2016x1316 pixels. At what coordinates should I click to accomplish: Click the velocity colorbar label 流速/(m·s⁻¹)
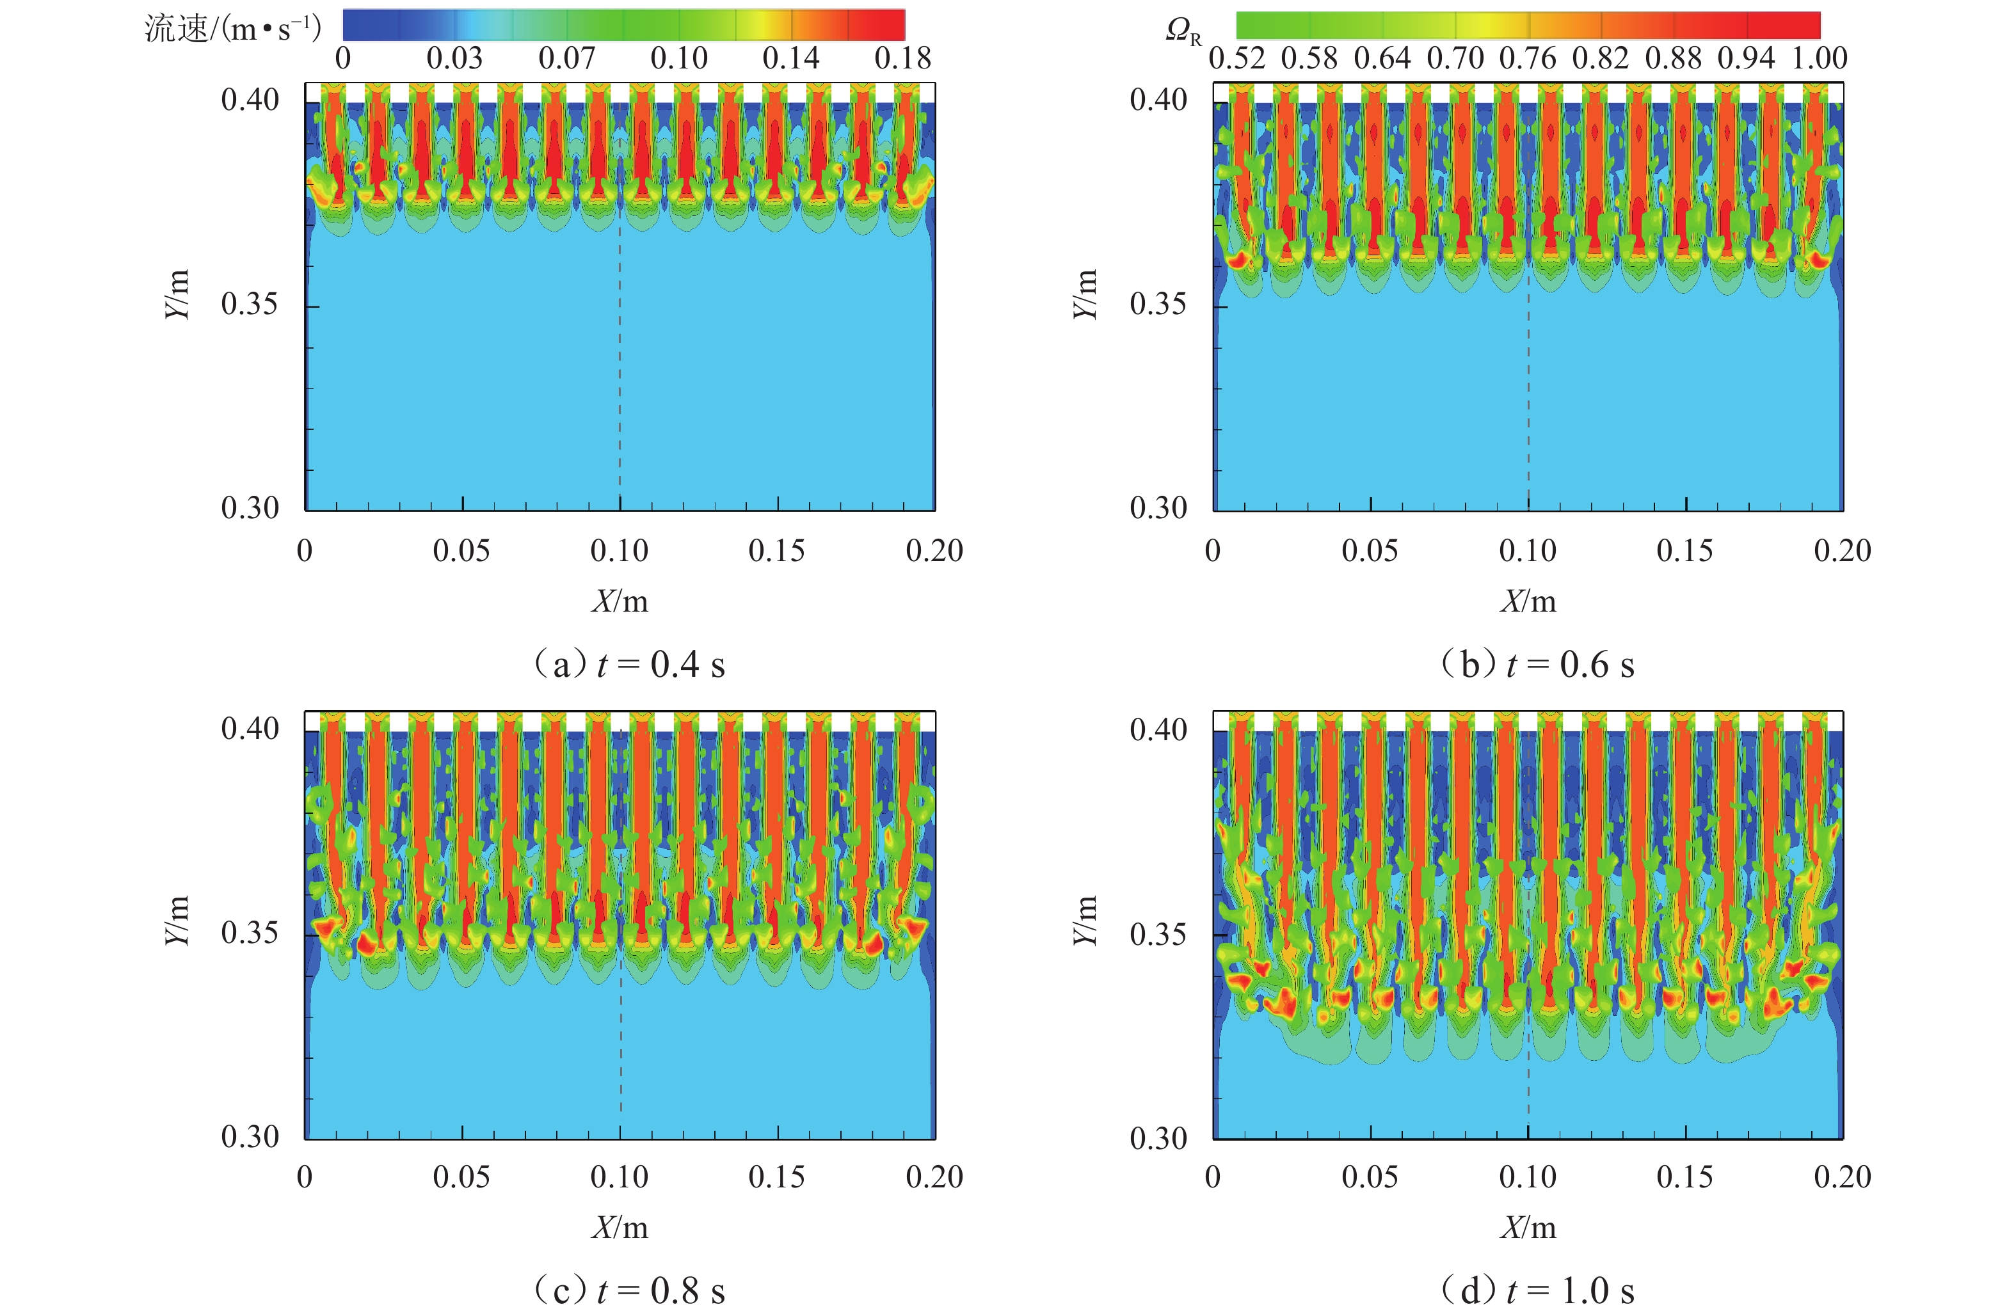pyautogui.click(x=233, y=29)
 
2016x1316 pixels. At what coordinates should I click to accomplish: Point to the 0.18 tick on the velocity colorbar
pyautogui.click(x=902, y=58)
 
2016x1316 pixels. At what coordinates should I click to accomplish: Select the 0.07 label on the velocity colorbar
pyautogui.click(x=566, y=58)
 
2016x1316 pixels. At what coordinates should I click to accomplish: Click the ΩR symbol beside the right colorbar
pyautogui.click(x=1183, y=32)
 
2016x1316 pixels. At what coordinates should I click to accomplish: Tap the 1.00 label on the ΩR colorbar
pyautogui.click(x=1820, y=58)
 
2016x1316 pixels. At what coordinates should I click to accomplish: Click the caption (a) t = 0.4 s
pyautogui.click(x=628, y=665)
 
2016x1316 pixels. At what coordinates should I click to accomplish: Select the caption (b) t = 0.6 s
pyautogui.click(x=1537, y=665)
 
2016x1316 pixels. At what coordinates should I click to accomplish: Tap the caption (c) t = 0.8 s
pyautogui.click(x=628, y=1290)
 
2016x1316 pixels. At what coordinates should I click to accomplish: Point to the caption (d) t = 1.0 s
pyautogui.click(x=1537, y=1290)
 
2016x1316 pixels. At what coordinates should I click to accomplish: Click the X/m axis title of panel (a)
pyautogui.click(x=620, y=601)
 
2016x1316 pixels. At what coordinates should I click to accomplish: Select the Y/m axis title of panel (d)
pyautogui.click(x=1085, y=920)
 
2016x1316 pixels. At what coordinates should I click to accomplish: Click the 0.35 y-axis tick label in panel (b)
pyautogui.click(x=1158, y=303)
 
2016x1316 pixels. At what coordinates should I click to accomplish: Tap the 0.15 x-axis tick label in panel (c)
pyautogui.click(x=777, y=1177)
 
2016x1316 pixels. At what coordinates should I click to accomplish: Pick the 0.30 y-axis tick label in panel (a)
pyautogui.click(x=250, y=508)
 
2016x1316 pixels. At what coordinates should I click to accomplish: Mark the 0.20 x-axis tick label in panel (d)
pyautogui.click(x=1843, y=1177)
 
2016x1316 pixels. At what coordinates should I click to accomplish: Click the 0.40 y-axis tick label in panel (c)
pyautogui.click(x=250, y=728)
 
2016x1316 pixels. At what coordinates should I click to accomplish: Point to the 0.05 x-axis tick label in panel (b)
pyautogui.click(x=1370, y=550)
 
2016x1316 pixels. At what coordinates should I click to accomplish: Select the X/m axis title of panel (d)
pyautogui.click(x=1528, y=1227)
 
